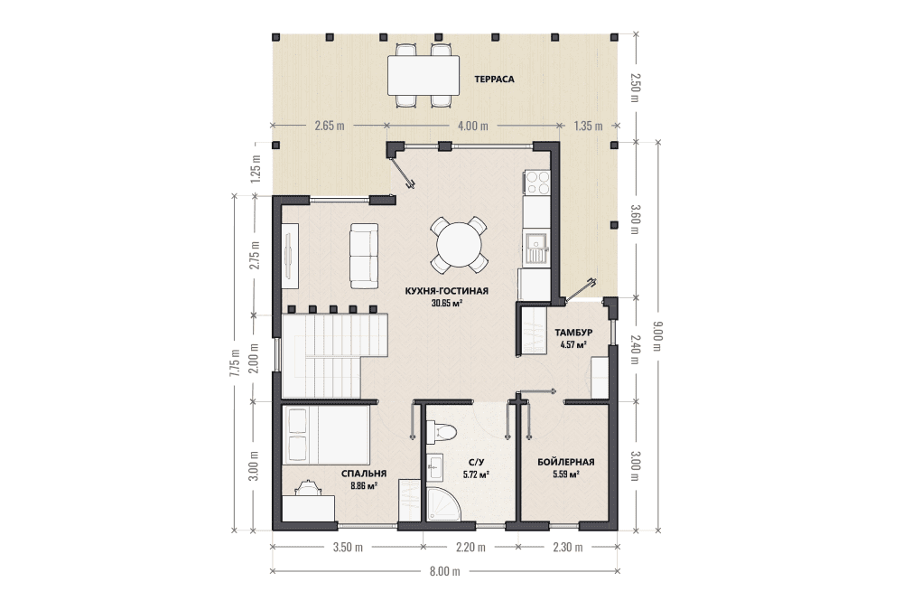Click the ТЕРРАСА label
point(494,80)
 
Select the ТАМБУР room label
point(573,333)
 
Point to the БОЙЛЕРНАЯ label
point(565,462)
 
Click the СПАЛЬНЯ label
point(363,474)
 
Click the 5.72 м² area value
point(476,474)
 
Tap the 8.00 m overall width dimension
point(445,571)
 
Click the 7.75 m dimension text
point(234,363)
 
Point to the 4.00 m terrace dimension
point(472,125)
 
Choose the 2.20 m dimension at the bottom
point(470,547)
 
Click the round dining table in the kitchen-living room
point(459,245)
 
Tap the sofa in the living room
point(364,256)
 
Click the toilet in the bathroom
point(442,430)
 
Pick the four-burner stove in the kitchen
point(537,183)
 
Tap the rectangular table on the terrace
point(424,75)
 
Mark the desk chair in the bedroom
point(309,487)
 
